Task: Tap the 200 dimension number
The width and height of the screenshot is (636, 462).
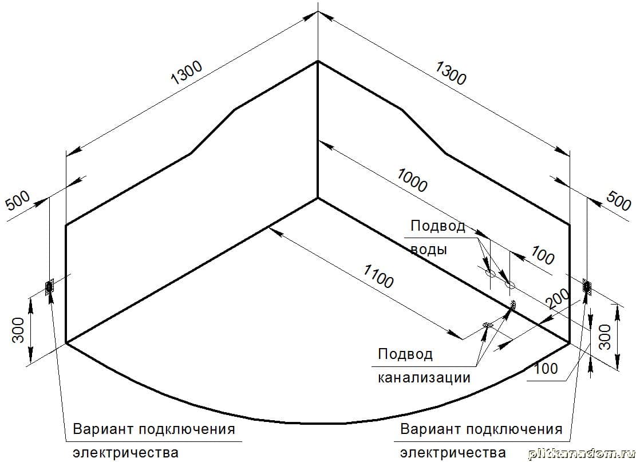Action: point(558,299)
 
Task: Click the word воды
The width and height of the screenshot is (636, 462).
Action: point(428,250)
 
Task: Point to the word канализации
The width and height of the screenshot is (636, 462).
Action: point(424,378)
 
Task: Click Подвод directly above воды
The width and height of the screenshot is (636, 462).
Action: point(438,226)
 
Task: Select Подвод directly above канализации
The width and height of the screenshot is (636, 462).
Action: point(405,354)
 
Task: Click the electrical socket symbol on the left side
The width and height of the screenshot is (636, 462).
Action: point(49,286)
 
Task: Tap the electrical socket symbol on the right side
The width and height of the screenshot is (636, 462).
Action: point(587,286)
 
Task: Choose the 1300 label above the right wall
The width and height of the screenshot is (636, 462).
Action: point(451,73)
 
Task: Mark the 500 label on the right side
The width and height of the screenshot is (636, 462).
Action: point(618,202)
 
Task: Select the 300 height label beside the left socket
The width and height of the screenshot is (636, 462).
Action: point(18,330)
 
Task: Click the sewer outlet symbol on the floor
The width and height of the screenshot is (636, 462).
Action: point(487,325)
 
